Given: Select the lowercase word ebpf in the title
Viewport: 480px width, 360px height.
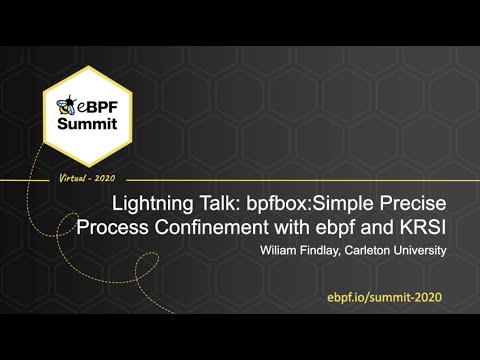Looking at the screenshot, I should point(340,226).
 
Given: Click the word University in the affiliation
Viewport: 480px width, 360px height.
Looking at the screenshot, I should point(418,251).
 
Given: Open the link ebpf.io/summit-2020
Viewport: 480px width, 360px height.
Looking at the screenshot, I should point(383,298).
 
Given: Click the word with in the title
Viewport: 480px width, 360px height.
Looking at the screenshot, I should point(295,225).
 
